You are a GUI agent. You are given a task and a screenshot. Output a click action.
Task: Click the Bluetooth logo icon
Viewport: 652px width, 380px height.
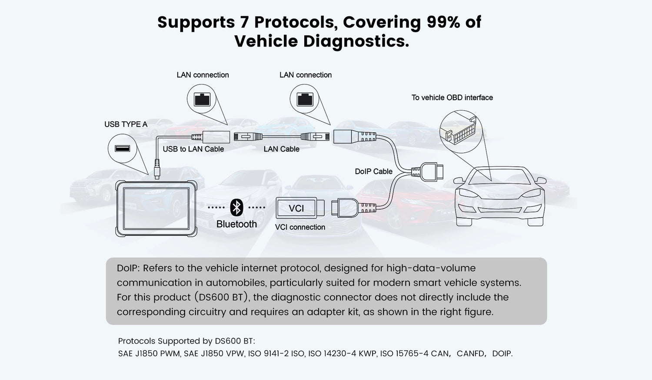coord(236,208)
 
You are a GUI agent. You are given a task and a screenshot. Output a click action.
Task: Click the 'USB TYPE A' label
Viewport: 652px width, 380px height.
coord(126,124)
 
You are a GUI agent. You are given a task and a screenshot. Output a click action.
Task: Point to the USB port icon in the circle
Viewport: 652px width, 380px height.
coord(122,149)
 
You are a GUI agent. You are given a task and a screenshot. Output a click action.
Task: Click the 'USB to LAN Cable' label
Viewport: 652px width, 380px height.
coord(193,149)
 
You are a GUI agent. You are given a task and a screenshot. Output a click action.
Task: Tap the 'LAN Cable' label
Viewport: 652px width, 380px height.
coord(281,149)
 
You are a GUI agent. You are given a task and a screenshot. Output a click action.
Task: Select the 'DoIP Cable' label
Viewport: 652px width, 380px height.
coord(373,172)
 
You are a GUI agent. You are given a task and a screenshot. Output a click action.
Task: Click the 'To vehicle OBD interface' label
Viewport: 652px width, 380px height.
coord(452,98)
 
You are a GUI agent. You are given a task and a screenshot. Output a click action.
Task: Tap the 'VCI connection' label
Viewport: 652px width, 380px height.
coord(300,227)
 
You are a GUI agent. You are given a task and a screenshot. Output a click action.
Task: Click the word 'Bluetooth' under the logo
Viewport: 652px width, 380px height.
coord(236,224)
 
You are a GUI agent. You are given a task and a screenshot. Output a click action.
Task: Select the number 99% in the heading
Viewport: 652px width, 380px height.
coord(443,22)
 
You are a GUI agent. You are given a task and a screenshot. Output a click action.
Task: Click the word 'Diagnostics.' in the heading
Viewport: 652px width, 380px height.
coord(356,41)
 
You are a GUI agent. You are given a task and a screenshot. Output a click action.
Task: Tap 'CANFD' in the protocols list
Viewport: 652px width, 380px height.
coord(470,353)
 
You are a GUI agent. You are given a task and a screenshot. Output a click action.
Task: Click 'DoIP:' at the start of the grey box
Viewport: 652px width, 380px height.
coord(128,268)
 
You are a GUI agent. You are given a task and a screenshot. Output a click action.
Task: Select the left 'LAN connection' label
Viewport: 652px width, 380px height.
coord(203,75)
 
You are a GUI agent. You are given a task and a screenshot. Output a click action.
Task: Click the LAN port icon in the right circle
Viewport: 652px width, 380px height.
coord(305,99)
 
